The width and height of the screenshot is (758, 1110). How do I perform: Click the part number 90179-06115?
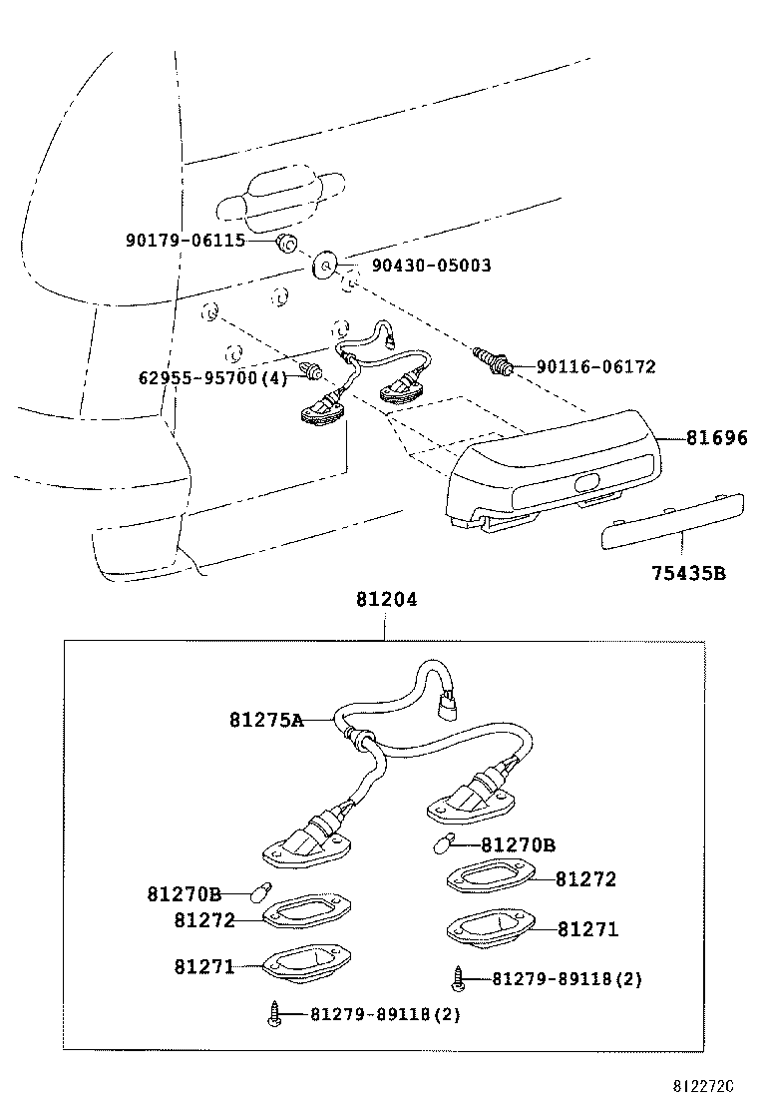[185, 241]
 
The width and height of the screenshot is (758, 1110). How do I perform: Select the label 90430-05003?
[431, 267]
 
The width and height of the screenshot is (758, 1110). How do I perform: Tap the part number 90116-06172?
[595, 367]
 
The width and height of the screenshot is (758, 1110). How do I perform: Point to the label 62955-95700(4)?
[212, 377]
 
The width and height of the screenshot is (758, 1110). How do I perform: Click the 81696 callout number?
[715, 437]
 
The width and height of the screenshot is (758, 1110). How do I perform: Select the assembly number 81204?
[385, 601]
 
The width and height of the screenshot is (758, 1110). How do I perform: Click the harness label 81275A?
[265, 719]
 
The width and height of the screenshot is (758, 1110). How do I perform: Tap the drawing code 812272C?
[700, 1085]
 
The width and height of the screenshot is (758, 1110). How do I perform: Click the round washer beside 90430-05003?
[325, 267]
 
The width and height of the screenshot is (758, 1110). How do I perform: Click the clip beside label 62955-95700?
[314, 372]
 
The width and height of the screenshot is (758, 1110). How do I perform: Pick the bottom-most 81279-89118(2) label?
[384, 1015]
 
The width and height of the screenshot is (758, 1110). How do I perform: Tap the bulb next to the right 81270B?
[442, 844]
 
